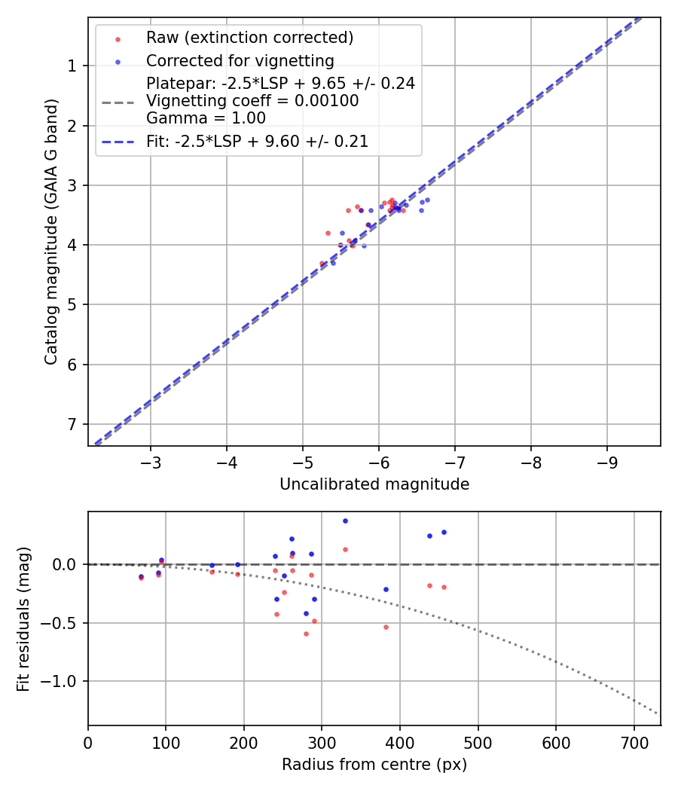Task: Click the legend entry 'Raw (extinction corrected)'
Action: point(249,38)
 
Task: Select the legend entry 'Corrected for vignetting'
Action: point(240,60)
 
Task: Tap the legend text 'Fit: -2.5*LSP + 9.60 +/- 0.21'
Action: point(257,141)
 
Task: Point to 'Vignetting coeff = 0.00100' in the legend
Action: point(252,101)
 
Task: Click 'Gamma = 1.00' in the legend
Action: point(206,118)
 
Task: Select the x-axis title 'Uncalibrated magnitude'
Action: point(374,484)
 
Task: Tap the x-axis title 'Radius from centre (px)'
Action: point(374,765)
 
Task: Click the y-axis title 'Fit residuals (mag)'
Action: point(23,618)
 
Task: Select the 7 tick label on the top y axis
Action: point(72,424)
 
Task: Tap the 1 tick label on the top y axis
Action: point(72,66)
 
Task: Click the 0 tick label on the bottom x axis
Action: point(88,741)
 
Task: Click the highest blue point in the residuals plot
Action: point(345,521)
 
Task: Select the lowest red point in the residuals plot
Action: point(306,634)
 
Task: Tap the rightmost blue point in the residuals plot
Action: point(444,532)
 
